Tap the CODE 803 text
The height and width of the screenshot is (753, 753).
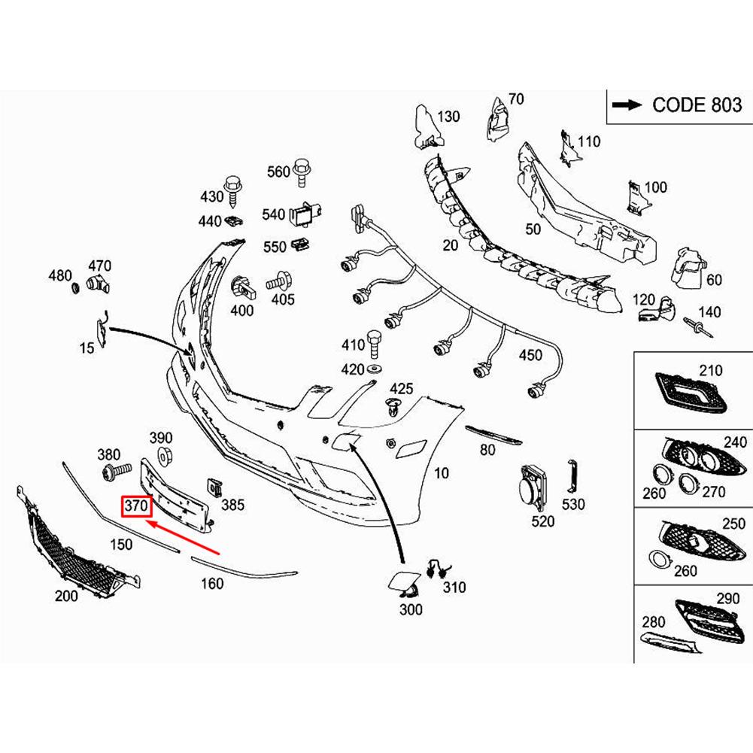[x=697, y=105]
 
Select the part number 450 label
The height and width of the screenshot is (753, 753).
[x=530, y=355]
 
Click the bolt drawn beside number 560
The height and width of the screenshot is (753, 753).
[x=302, y=171]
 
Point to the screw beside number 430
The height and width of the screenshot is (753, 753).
[x=233, y=193]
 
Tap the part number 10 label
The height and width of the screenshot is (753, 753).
[x=442, y=473]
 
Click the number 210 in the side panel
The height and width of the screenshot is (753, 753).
[x=710, y=370]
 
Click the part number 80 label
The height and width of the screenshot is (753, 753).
[x=487, y=451]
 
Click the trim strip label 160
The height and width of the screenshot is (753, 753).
[x=213, y=582]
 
